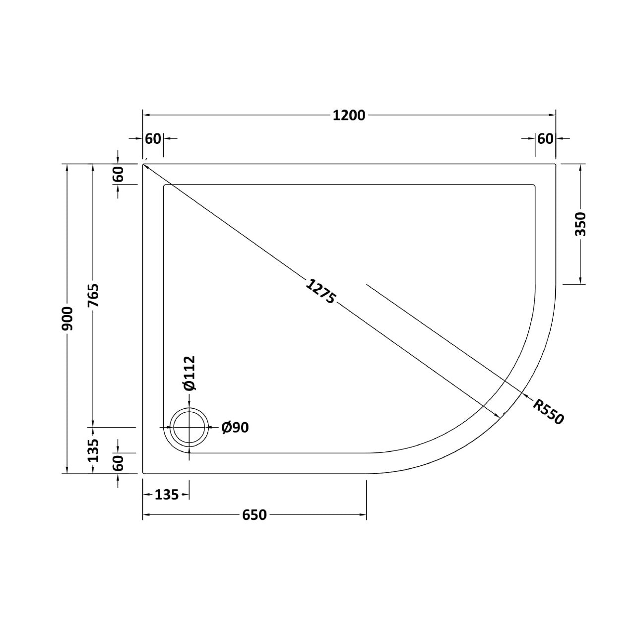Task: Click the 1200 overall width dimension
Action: [x=349, y=115]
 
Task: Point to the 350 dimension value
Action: [x=581, y=224]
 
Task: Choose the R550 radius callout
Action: [x=549, y=412]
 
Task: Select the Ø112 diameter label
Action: [x=189, y=373]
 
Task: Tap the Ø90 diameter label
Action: [x=235, y=427]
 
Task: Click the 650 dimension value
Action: [x=254, y=515]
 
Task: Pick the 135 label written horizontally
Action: [x=166, y=495]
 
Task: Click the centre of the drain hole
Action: [x=189, y=427]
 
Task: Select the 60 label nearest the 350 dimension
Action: [x=545, y=139]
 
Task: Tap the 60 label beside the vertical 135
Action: [x=118, y=463]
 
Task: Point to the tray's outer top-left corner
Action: [x=143, y=164]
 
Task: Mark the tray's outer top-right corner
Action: [x=555, y=164]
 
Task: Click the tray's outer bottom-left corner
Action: [x=143, y=473]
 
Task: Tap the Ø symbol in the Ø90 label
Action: [x=226, y=427]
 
